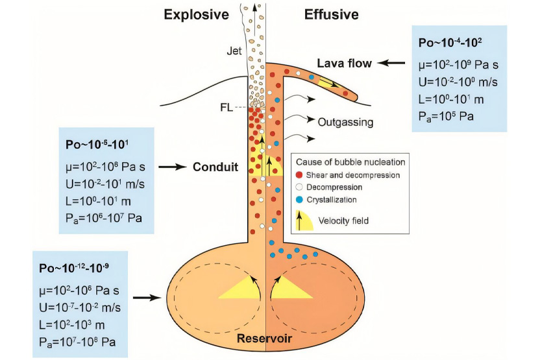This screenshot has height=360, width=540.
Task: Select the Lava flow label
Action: pos(345,63)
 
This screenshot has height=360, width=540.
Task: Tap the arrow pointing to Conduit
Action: pos(172,167)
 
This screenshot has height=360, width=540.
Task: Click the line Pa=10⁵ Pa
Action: pos(448,116)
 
